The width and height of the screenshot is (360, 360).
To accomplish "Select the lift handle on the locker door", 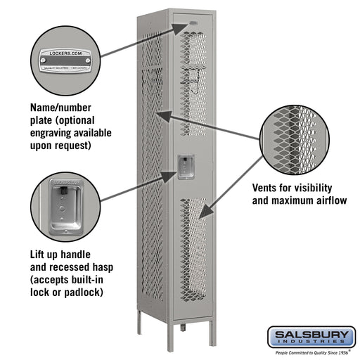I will click(186, 167).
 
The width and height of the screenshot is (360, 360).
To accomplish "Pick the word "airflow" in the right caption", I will click(330, 201).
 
